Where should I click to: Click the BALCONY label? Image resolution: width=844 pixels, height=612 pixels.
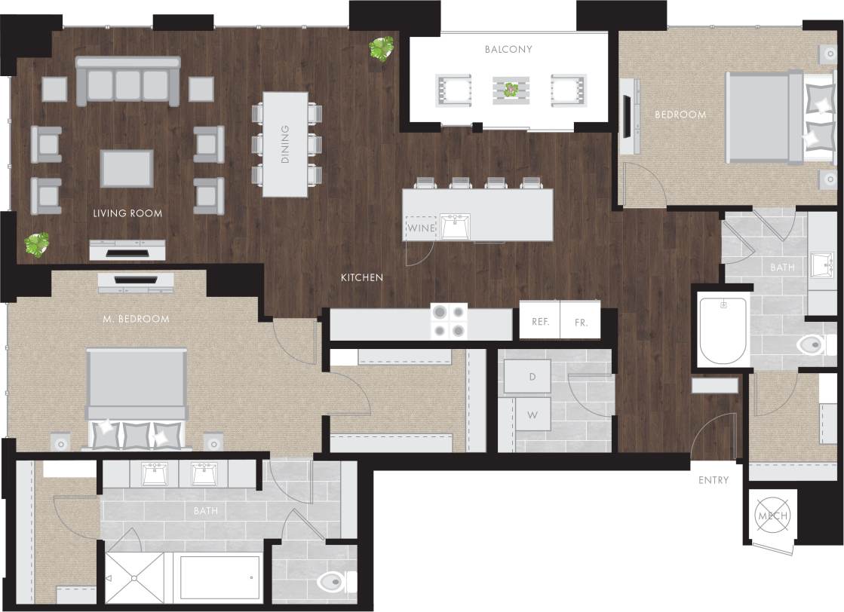(509, 50)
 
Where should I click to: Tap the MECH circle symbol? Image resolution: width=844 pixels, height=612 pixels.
(772, 516)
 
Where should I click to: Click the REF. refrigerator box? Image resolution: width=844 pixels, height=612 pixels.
(539, 321)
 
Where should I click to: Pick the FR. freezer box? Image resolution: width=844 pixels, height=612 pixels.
(581, 321)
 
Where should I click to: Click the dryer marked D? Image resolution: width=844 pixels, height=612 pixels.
(532, 376)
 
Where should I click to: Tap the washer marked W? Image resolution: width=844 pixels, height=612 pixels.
(532, 415)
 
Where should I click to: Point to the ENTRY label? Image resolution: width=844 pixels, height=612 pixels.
(714, 480)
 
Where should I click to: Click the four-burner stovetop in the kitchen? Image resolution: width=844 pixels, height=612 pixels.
(448, 321)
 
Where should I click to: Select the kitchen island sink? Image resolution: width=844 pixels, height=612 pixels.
(456, 226)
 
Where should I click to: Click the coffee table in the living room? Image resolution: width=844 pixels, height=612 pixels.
(127, 168)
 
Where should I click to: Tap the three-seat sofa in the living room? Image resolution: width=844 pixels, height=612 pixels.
(127, 81)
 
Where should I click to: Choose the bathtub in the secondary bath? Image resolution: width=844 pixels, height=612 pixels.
(723, 330)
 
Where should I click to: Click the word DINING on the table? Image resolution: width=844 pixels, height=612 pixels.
(285, 144)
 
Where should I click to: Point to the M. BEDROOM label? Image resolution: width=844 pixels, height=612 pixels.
(136, 319)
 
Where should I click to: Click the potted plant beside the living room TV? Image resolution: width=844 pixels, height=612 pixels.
(36, 244)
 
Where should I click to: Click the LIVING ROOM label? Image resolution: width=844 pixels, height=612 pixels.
(127, 213)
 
